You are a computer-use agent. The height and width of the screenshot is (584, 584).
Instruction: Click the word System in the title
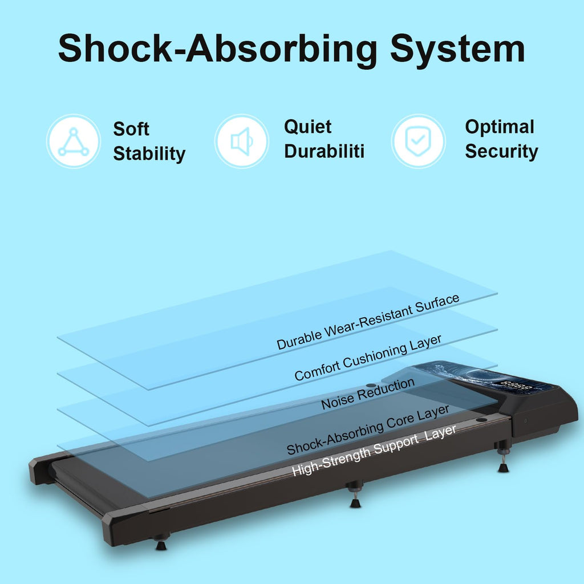click(458, 49)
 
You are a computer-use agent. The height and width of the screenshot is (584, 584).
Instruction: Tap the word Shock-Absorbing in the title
click(218, 49)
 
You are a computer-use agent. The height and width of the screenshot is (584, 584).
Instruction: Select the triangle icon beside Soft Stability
click(74, 141)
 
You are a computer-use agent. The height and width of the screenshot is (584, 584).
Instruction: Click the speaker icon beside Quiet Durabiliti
click(242, 141)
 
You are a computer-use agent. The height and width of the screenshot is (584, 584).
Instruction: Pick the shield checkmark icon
click(418, 141)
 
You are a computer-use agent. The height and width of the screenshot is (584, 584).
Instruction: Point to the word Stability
click(149, 154)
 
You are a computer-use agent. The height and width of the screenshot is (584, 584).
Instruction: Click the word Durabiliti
click(324, 152)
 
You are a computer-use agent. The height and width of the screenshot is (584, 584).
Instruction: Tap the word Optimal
click(500, 127)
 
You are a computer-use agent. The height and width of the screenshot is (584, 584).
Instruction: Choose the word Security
click(501, 152)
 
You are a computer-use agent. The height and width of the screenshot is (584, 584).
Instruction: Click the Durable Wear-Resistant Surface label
click(368, 322)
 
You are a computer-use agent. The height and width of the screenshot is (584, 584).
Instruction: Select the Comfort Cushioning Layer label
click(368, 357)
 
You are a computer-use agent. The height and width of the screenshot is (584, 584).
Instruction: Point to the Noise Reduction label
click(368, 394)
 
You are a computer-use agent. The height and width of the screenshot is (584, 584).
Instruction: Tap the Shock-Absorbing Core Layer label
click(368, 429)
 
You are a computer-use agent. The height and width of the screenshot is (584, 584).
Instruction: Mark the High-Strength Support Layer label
click(374, 450)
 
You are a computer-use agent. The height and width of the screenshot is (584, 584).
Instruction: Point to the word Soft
click(131, 129)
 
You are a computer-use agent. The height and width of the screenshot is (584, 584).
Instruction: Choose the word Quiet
click(307, 127)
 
